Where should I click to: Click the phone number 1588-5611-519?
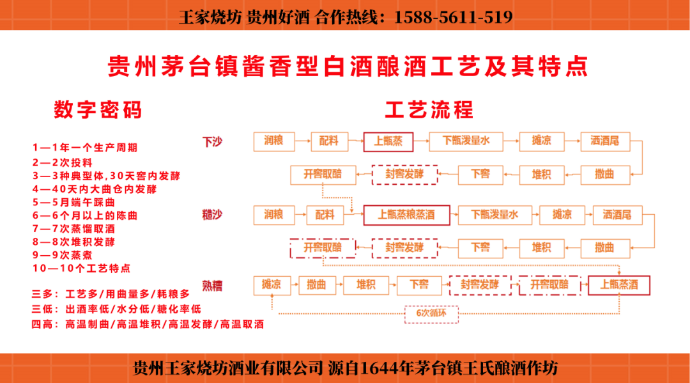[x=454, y=17]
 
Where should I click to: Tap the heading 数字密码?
[x=98, y=110]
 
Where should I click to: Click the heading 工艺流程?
[x=429, y=109]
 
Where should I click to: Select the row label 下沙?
[x=212, y=142]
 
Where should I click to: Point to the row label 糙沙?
[x=212, y=215]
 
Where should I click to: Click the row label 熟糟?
[x=212, y=285]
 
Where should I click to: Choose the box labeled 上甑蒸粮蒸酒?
[x=406, y=215]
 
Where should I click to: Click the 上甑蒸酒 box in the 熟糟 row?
[x=618, y=285]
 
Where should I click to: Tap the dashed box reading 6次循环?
[x=432, y=313]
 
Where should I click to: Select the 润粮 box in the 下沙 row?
[x=273, y=141]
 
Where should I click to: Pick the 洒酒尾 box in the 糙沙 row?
[x=617, y=215]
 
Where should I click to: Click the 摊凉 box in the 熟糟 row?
[x=272, y=285]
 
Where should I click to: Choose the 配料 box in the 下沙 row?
[x=329, y=141]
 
